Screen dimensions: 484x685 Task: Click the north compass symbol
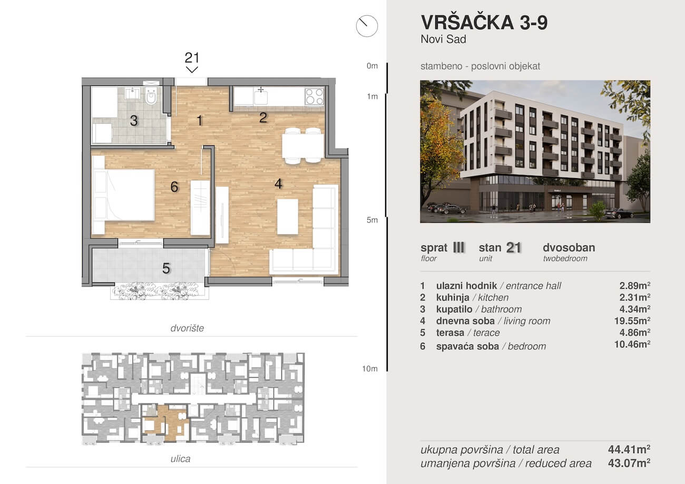[367, 25]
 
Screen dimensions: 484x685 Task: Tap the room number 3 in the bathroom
[134, 121]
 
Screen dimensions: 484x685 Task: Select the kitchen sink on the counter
[260, 97]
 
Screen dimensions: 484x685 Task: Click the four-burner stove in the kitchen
[314, 96]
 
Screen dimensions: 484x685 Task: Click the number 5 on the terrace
[166, 269]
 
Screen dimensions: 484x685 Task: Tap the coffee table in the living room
[287, 216]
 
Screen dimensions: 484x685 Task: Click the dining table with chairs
[302, 145]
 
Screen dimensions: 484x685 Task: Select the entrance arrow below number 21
[192, 70]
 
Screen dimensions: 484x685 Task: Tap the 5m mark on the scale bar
[373, 220]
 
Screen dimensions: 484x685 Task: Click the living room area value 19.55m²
[634, 321]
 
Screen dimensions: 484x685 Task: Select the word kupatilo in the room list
[453, 309]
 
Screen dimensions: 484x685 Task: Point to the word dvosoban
[569, 248]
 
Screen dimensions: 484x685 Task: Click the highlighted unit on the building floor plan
[165, 422]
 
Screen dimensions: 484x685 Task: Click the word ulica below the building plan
[181, 459]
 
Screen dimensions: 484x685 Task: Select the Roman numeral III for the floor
[458, 248]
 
